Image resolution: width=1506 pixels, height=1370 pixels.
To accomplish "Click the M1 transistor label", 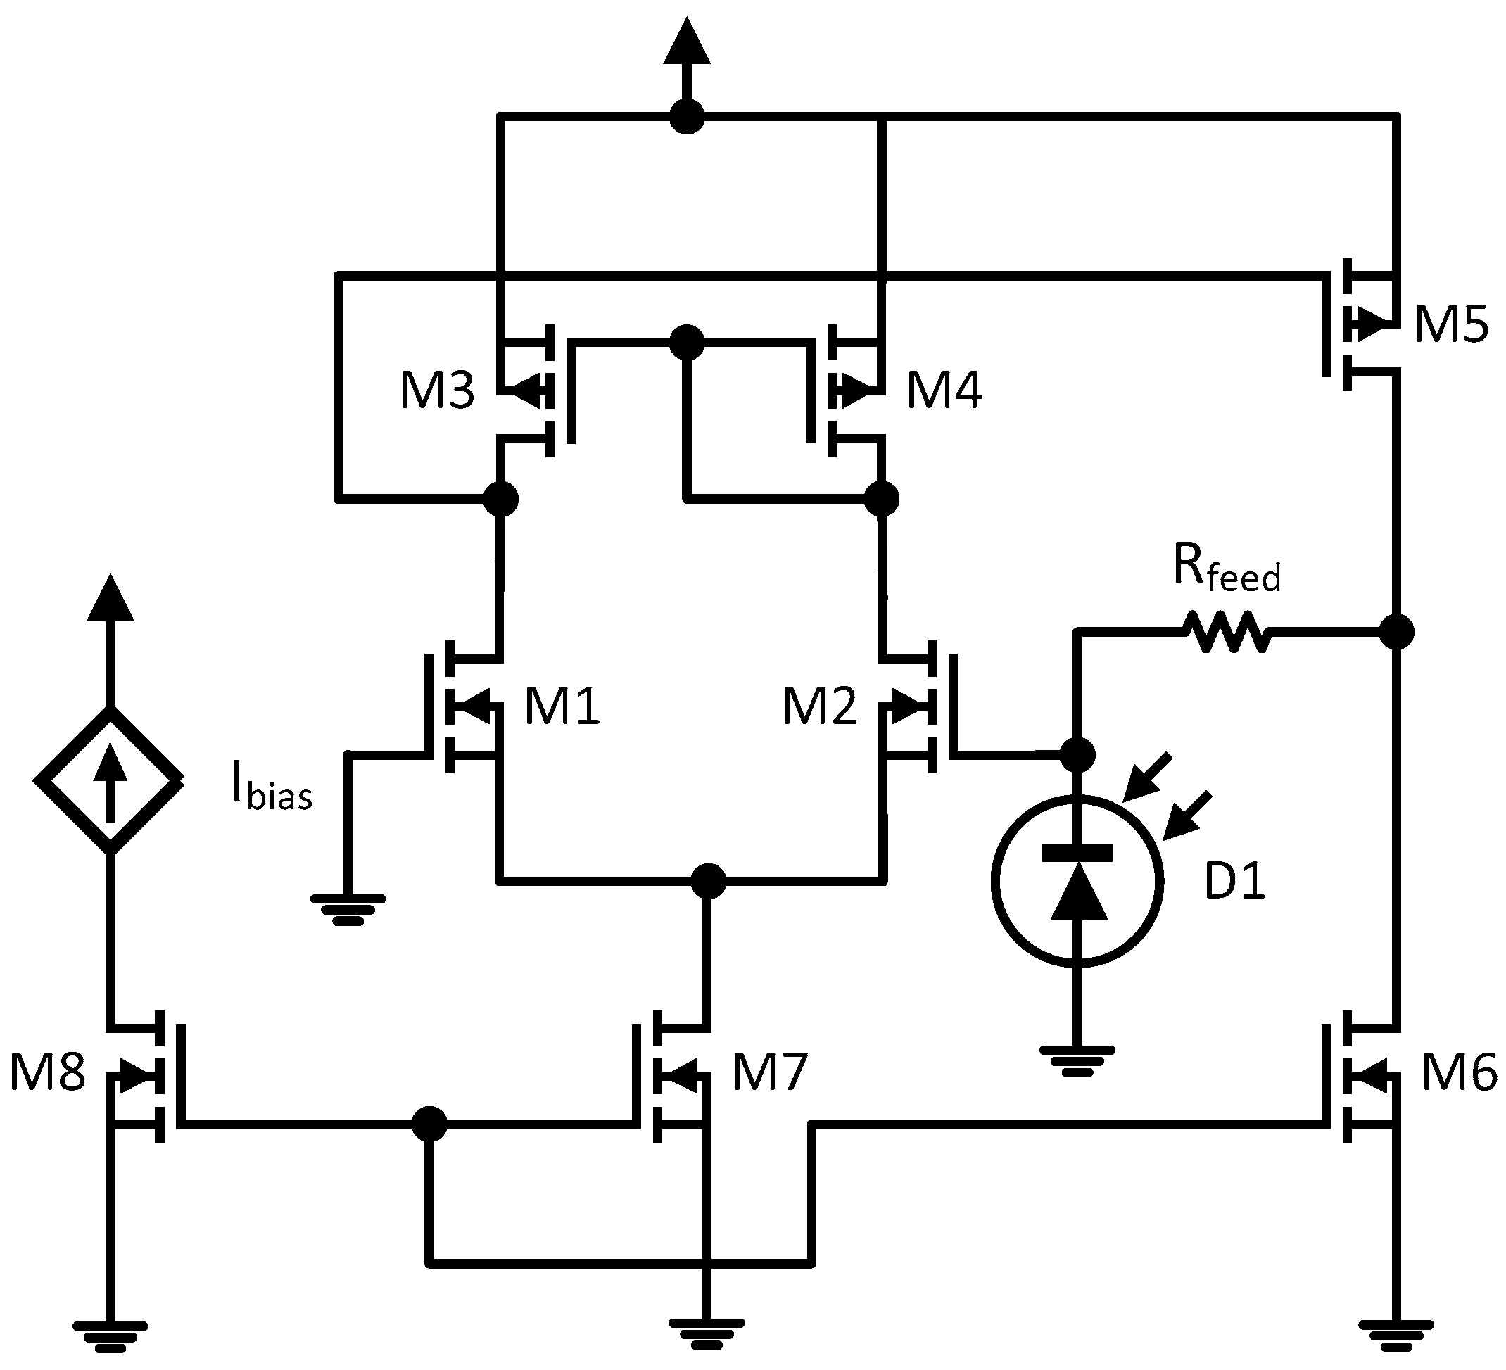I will [x=562, y=706].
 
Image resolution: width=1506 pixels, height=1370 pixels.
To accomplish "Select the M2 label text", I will [x=819, y=706].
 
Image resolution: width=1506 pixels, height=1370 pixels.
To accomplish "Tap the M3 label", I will [x=437, y=390].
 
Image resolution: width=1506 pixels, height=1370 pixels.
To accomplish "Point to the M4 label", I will [x=944, y=390].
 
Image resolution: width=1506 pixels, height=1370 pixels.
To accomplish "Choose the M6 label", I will [x=1459, y=1072].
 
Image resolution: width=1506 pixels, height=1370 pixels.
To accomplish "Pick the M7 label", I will [x=769, y=1072].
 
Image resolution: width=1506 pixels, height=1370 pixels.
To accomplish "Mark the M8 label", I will [x=47, y=1072].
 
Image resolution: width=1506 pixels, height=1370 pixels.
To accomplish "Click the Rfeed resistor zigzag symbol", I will [x=1228, y=632].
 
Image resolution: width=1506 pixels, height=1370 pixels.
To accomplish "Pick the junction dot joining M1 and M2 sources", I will [x=707, y=881].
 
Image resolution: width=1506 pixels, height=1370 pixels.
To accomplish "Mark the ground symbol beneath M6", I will [x=1396, y=1336].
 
